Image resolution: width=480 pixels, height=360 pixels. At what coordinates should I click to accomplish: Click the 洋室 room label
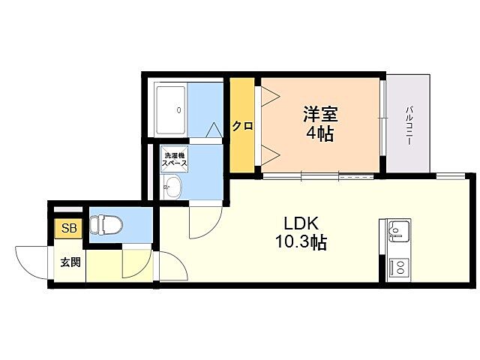click(x=320, y=115)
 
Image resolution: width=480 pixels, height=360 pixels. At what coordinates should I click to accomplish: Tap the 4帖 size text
click(x=320, y=135)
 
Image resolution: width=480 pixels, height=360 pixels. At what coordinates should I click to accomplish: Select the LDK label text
click(x=301, y=223)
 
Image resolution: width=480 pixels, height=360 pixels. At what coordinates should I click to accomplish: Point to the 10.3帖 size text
click(x=301, y=243)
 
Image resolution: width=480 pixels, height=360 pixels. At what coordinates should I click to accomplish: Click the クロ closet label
click(x=241, y=126)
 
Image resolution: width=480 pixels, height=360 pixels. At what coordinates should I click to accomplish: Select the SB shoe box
click(x=68, y=228)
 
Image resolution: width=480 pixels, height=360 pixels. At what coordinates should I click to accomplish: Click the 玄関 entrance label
click(x=71, y=262)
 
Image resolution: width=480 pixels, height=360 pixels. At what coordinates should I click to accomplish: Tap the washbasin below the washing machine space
click(x=172, y=187)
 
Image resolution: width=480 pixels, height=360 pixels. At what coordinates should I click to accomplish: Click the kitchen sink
click(x=397, y=230)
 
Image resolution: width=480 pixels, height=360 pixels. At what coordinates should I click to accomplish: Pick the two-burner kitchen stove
click(x=397, y=266)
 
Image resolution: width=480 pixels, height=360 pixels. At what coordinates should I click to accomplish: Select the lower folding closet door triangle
click(x=268, y=156)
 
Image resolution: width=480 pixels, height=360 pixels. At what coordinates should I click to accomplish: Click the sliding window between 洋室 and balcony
click(x=383, y=125)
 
